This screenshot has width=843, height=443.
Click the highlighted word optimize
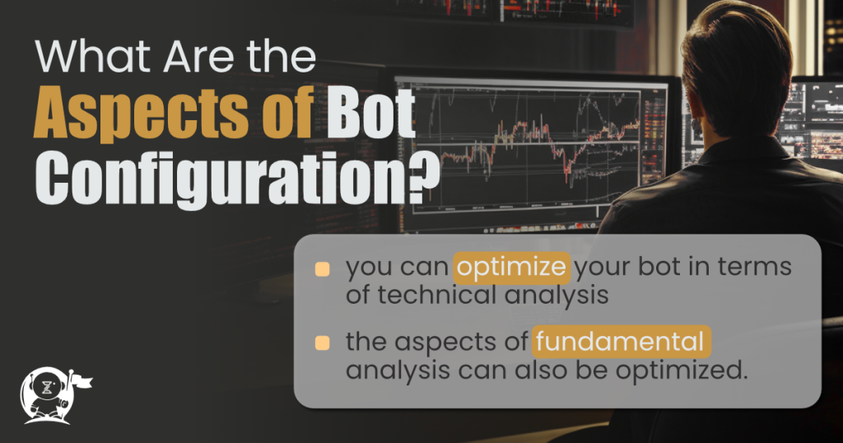(x=512, y=268)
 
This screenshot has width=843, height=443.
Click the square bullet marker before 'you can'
(x=323, y=269)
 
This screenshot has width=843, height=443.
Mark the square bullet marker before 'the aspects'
(x=323, y=342)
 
